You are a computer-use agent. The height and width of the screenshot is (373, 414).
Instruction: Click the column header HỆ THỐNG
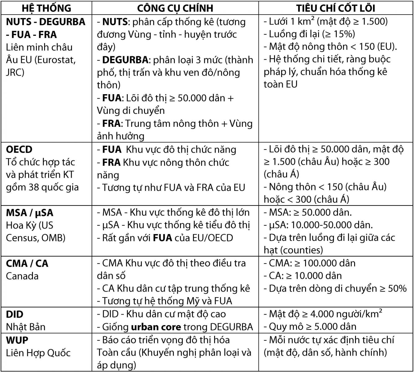click(x=47, y=8)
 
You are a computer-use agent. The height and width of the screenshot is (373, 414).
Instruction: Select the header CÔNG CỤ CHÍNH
click(x=175, y=8)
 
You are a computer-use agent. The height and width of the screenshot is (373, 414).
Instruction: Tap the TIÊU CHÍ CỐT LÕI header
click(x=336, y=8)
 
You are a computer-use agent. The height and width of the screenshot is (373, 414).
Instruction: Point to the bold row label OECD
click(x=19, y=150)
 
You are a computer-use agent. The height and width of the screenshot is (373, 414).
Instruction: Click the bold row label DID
click(x=15, y=314)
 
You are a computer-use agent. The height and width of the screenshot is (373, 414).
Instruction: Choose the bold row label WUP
click(x=17, y=340)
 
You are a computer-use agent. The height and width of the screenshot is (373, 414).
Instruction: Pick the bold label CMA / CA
click(x=27, y=264)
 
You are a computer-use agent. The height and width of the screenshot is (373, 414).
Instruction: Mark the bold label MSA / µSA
click(x=30, y=213)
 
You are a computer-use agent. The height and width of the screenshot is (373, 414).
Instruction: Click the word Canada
click(x=22, y=276)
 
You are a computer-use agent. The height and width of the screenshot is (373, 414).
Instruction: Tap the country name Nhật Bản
click(x=26, y=327)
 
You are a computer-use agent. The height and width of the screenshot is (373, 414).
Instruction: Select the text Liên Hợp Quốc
click(x=38, y=353)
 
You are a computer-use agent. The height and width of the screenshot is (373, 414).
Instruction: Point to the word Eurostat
click(x=56, y=60)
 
